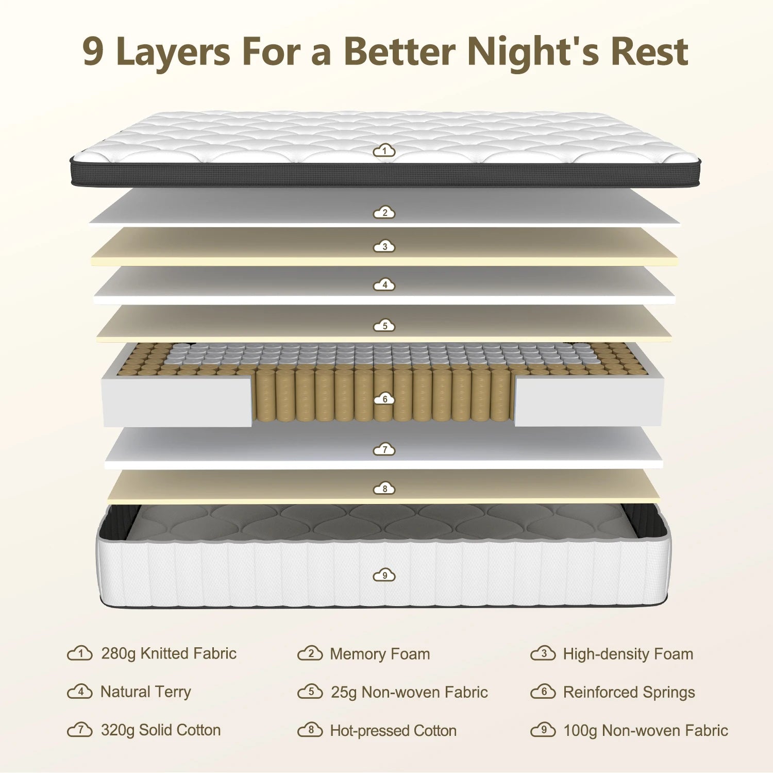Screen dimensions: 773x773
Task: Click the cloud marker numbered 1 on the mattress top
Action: coord(384,150)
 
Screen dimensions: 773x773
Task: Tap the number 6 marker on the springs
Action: coord(384,399)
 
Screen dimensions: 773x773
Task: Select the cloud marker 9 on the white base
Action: coord(384,575)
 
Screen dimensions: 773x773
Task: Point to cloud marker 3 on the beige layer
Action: coord(384,246)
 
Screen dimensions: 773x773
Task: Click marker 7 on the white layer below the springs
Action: coord(384,449)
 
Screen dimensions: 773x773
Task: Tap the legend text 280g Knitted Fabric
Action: coord(169,653)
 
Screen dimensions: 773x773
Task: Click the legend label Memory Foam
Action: coord(380,654)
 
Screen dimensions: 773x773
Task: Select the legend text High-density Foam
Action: coord(628,654)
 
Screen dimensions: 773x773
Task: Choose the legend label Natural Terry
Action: coord(146,692)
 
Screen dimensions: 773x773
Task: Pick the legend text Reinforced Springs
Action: coord(629,692)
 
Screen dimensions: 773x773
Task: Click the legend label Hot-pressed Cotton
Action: coord(393,730)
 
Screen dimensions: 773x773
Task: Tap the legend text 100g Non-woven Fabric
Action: coord(646,730)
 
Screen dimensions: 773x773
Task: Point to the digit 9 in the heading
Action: coord(93,52)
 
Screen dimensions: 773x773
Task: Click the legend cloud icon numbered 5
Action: coord(310,691)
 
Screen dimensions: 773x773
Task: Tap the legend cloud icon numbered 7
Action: coord(80,729)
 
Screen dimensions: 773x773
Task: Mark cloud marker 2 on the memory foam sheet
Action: coord(384,212)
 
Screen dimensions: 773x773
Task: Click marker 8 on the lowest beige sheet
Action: coord(384,488)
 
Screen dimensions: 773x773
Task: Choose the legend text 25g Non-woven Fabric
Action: coord(409,692)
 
